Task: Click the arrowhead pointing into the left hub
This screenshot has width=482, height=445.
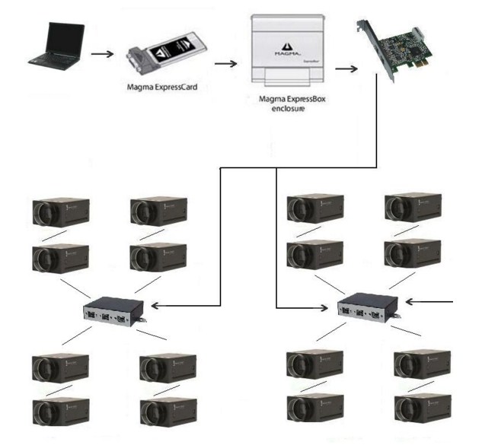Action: tap(156, 305)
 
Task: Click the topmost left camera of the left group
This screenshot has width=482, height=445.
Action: tap(61, 213)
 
